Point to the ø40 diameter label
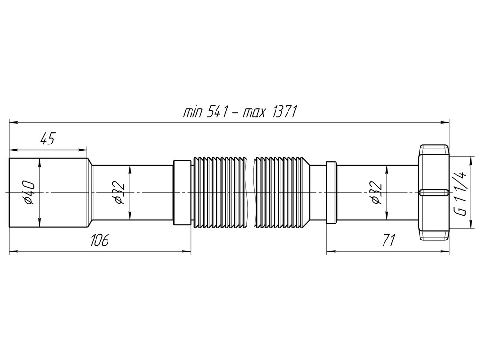pyautogui.click(x=28, y=192)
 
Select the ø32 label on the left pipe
pyautogui.click(x=119, y=192)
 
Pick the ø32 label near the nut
pyautogui.click(x=376, y=192)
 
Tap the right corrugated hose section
pyautogui.click(x=281, y=192)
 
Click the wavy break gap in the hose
pyautogui.click(x=250, y=192)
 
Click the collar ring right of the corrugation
pyautogui.click(x=331, y=192)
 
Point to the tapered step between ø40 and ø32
pyautogui.click(x=89, y=192)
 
